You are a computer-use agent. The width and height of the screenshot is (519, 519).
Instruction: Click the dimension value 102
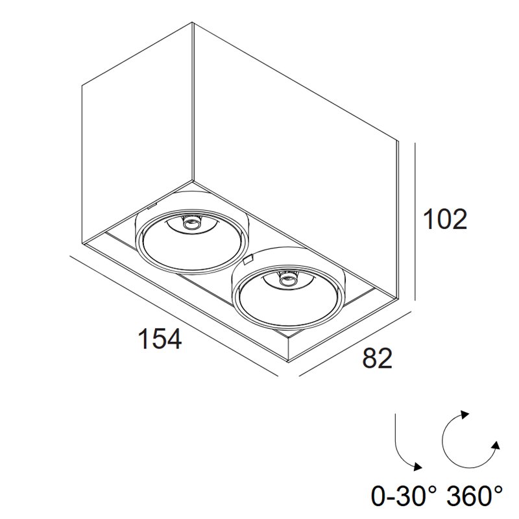[446, 219]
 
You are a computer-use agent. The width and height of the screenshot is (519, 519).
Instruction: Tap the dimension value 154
[160, 338]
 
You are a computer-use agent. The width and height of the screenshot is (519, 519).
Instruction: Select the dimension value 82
[378, 358]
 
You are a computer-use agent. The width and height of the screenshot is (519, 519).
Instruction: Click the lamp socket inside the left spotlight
[191, 224]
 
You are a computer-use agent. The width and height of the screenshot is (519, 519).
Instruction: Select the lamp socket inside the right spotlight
[287, 280]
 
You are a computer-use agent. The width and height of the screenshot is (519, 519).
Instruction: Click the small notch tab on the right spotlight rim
[248, 259]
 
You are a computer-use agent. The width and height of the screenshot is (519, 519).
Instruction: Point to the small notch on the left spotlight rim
[151, 206]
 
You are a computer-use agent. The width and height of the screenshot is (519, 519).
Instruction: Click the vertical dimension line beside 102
[415, 221]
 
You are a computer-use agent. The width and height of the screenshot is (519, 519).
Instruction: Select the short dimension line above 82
[354, 344]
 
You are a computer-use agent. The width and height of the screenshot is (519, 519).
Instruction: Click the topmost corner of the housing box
[193, 22]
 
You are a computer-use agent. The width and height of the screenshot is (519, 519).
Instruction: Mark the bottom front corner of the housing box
[289, 361]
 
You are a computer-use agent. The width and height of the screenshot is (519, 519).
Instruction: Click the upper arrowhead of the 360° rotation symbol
[465, 415]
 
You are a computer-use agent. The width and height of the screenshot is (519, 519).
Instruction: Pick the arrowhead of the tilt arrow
[418, 466]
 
